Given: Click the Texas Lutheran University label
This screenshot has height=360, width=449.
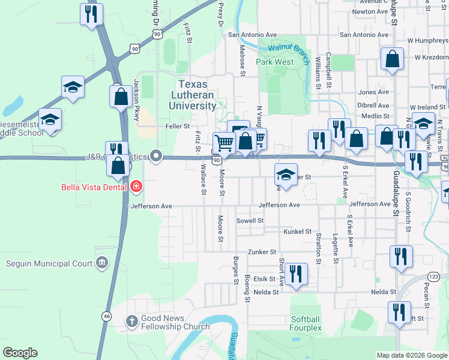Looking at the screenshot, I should pos(196,95).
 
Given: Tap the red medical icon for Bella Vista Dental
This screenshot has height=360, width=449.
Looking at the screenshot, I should pos(136,187).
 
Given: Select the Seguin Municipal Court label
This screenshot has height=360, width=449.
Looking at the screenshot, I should pos(49,263).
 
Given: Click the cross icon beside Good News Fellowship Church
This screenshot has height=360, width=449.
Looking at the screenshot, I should pos(131,321).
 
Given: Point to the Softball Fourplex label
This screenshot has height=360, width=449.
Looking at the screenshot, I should pos(306,323).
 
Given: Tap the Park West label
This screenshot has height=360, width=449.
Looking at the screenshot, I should pos(275,62).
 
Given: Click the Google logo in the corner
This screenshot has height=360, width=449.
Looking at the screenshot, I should pos(20,353).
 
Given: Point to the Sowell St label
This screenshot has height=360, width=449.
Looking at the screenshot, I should pos(250,221).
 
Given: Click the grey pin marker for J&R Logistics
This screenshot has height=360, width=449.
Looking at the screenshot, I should pos(156,157).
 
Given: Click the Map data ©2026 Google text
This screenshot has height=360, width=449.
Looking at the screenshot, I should pos(411,355).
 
